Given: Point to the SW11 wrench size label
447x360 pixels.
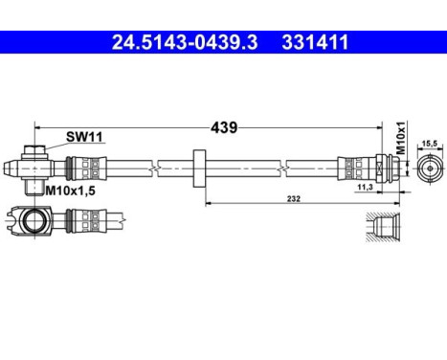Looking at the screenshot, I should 83,137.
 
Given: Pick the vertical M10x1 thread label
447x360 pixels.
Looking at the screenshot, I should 402,138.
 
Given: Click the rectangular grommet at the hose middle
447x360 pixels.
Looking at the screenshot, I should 199,168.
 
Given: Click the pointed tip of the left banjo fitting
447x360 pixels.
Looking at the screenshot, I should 10,169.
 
